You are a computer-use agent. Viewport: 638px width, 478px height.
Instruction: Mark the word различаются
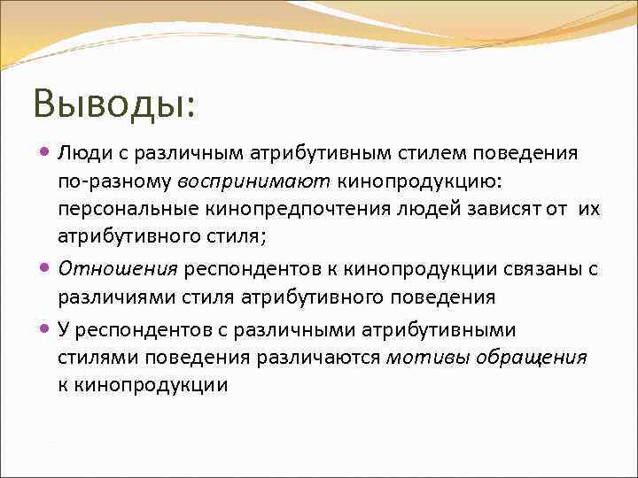pos(320,358)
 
